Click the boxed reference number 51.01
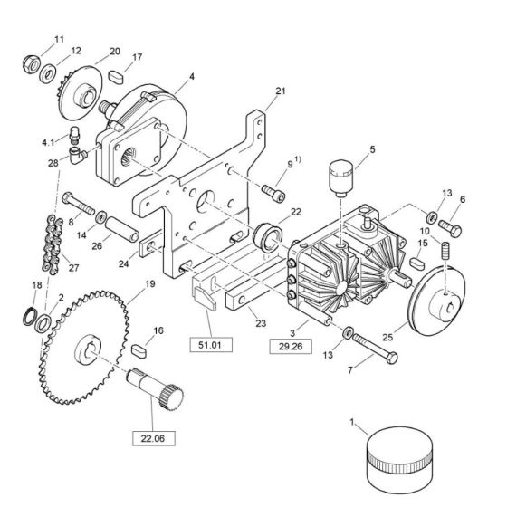[211, 345]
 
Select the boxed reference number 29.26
[291, 346]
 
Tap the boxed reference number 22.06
[153, 438]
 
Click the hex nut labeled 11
[32, 64]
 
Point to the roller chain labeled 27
[53, 244]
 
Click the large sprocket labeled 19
[85, 348]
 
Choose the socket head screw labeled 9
[273, 193]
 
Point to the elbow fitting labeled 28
[78, 155]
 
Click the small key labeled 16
[139, 351]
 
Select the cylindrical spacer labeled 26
[122, 229]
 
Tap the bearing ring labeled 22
[268, 237]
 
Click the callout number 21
[281, 91]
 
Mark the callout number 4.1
[49, 142]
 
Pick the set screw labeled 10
[445, 250]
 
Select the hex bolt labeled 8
[78, 204]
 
